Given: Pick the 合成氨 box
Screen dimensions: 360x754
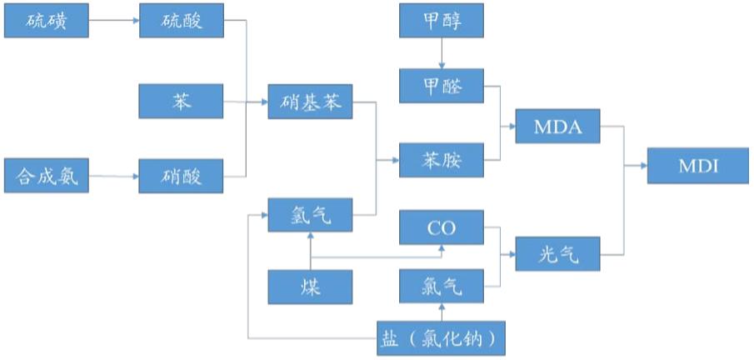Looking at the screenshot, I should (47, 177).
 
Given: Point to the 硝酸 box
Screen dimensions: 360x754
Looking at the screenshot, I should (181, 177).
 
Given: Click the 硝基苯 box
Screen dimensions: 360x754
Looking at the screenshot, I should (309, 101).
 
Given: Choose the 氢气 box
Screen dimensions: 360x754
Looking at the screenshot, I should (309, 216).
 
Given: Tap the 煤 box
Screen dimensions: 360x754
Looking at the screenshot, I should (309, 287).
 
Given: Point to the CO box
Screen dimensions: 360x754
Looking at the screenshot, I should (442, 227).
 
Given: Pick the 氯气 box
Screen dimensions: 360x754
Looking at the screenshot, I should (442, 287).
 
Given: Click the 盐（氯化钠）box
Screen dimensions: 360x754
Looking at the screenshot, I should (442, 338).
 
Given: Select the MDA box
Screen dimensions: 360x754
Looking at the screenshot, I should (557, 127).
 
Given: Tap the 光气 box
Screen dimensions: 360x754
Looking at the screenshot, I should (557, 253).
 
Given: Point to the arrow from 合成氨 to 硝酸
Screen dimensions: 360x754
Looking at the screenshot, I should (113, 177).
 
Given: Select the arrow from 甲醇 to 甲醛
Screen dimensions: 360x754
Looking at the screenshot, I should (442, 52).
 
